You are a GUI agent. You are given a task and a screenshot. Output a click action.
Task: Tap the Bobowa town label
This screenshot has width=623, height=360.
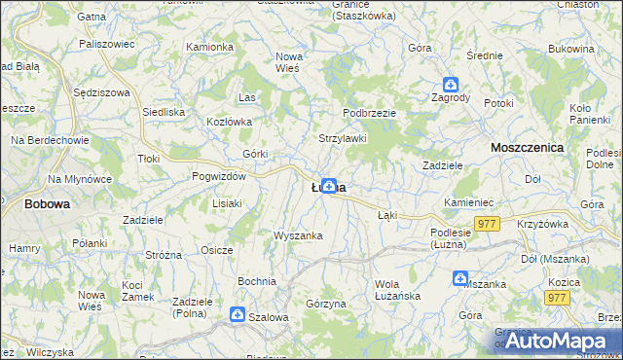point(46,204)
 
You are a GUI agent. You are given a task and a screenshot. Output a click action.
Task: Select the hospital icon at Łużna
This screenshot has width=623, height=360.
point(330,185)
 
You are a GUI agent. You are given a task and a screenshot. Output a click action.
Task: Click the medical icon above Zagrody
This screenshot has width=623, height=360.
point(451,85)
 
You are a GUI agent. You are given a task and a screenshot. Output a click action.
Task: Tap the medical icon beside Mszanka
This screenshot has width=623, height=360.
point(459,279)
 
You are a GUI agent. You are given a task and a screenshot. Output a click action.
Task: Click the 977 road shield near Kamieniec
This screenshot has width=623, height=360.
point(488,224)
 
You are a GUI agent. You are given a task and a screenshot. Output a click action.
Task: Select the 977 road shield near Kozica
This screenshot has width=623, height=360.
point(557,298)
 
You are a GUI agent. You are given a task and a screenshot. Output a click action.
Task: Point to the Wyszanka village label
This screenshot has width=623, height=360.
point(298,235)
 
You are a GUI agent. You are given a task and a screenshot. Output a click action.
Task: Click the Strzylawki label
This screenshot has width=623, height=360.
point(343,139)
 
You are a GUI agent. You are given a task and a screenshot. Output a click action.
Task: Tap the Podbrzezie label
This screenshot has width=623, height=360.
point(369,113)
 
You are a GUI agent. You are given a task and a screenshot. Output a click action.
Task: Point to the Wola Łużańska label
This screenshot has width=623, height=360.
point(397,290)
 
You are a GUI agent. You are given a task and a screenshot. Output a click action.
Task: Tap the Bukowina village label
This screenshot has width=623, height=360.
point(571,48)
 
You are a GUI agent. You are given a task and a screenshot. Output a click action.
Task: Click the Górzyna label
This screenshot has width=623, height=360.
point(326,304)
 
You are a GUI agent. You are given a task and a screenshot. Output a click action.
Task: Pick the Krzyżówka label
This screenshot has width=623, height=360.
point(543,224)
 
